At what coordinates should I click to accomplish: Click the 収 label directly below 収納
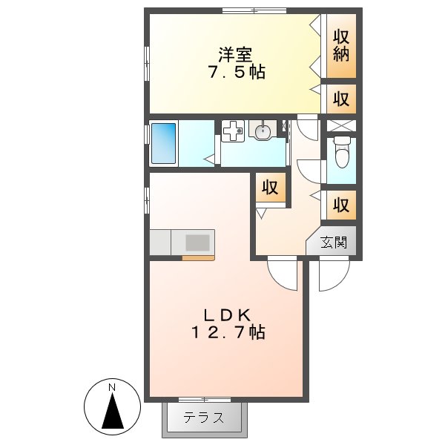click(x=340, y=98)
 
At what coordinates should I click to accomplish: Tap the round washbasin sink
click(x=263, y=132)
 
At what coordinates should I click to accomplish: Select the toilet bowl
click(x=342, y=153)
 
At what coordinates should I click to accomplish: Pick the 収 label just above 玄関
click(x=340, y=205)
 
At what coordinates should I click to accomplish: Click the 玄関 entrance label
click(x=333, y=243)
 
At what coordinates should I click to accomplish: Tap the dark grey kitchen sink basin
click(x=198, y=243)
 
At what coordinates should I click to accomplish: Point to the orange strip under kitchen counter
click(x=198, y=258)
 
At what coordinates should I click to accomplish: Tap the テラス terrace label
click(x=204, y=417)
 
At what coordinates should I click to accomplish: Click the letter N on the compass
click(x=112, y=387)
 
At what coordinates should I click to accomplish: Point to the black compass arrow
click(x=112, y=412)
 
